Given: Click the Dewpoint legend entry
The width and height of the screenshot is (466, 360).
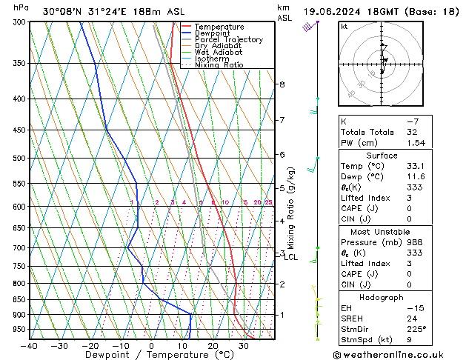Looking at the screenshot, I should point(213,33).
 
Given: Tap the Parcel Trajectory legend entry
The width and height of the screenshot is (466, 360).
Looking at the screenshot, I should point(228,40).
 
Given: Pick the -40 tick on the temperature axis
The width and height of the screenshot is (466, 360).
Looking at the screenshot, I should point(30,346).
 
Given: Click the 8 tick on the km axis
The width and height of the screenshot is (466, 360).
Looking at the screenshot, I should point(282,84).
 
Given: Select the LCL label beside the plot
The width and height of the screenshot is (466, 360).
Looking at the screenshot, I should point(290,257).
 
